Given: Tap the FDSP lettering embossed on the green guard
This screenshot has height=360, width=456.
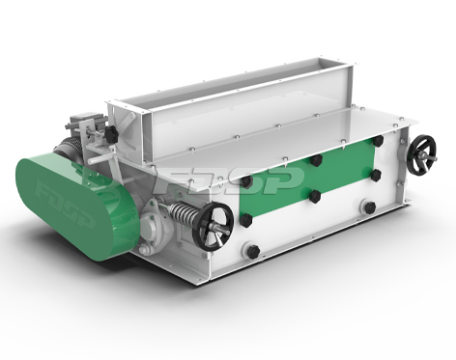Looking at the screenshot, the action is (65, 204).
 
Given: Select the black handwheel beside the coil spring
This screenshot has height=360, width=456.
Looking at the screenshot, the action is (213, 228).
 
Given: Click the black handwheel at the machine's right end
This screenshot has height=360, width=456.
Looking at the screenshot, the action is (422, 153).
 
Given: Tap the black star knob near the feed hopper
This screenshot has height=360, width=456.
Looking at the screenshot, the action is (110, 134).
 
